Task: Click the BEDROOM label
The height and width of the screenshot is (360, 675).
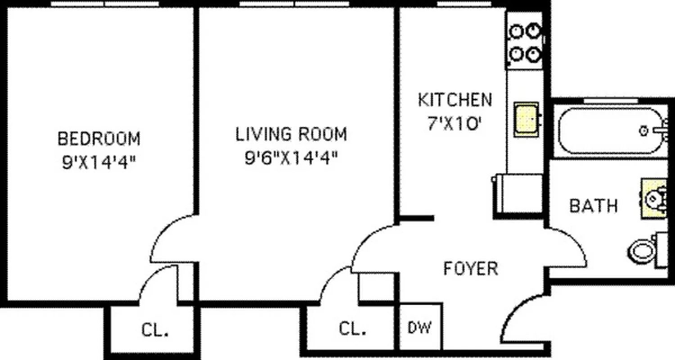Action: click(99, 138)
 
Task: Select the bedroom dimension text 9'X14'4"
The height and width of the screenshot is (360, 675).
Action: click(99, 162)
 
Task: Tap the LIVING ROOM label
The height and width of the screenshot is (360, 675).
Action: click(291, 134)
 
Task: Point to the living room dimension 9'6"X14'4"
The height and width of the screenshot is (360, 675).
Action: click(291, 158)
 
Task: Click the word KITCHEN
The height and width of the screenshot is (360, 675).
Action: click(455, 100)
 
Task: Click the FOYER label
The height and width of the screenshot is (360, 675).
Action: click(471, 269)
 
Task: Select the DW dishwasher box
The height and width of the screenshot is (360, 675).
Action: click(419, 327)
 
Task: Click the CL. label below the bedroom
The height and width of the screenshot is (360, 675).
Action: click(155, 330)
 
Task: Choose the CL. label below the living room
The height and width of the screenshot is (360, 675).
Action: click(352, 329)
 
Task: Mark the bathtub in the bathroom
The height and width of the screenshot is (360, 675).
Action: click(610, 131)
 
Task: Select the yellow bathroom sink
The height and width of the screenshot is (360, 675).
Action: click(654, 198)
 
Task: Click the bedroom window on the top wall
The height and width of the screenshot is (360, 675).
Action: click(104, 4)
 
